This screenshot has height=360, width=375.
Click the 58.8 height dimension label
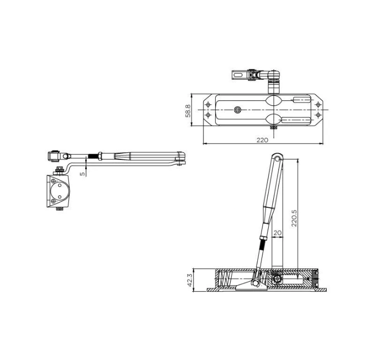pos(188,111)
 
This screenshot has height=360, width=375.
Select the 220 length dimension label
pos(262,140)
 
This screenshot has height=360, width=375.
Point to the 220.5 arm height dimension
pos(294,218)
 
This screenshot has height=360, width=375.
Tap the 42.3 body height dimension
pos(190,280)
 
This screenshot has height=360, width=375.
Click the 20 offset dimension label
pos(277,233)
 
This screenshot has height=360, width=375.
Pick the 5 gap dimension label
pos(83,173)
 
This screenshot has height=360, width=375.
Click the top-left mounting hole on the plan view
pos(209,104)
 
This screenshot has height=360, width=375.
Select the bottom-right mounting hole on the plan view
pos(318,115)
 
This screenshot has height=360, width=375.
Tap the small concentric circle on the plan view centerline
pos(238,110)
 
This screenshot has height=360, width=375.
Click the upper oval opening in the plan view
pos(274,100)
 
